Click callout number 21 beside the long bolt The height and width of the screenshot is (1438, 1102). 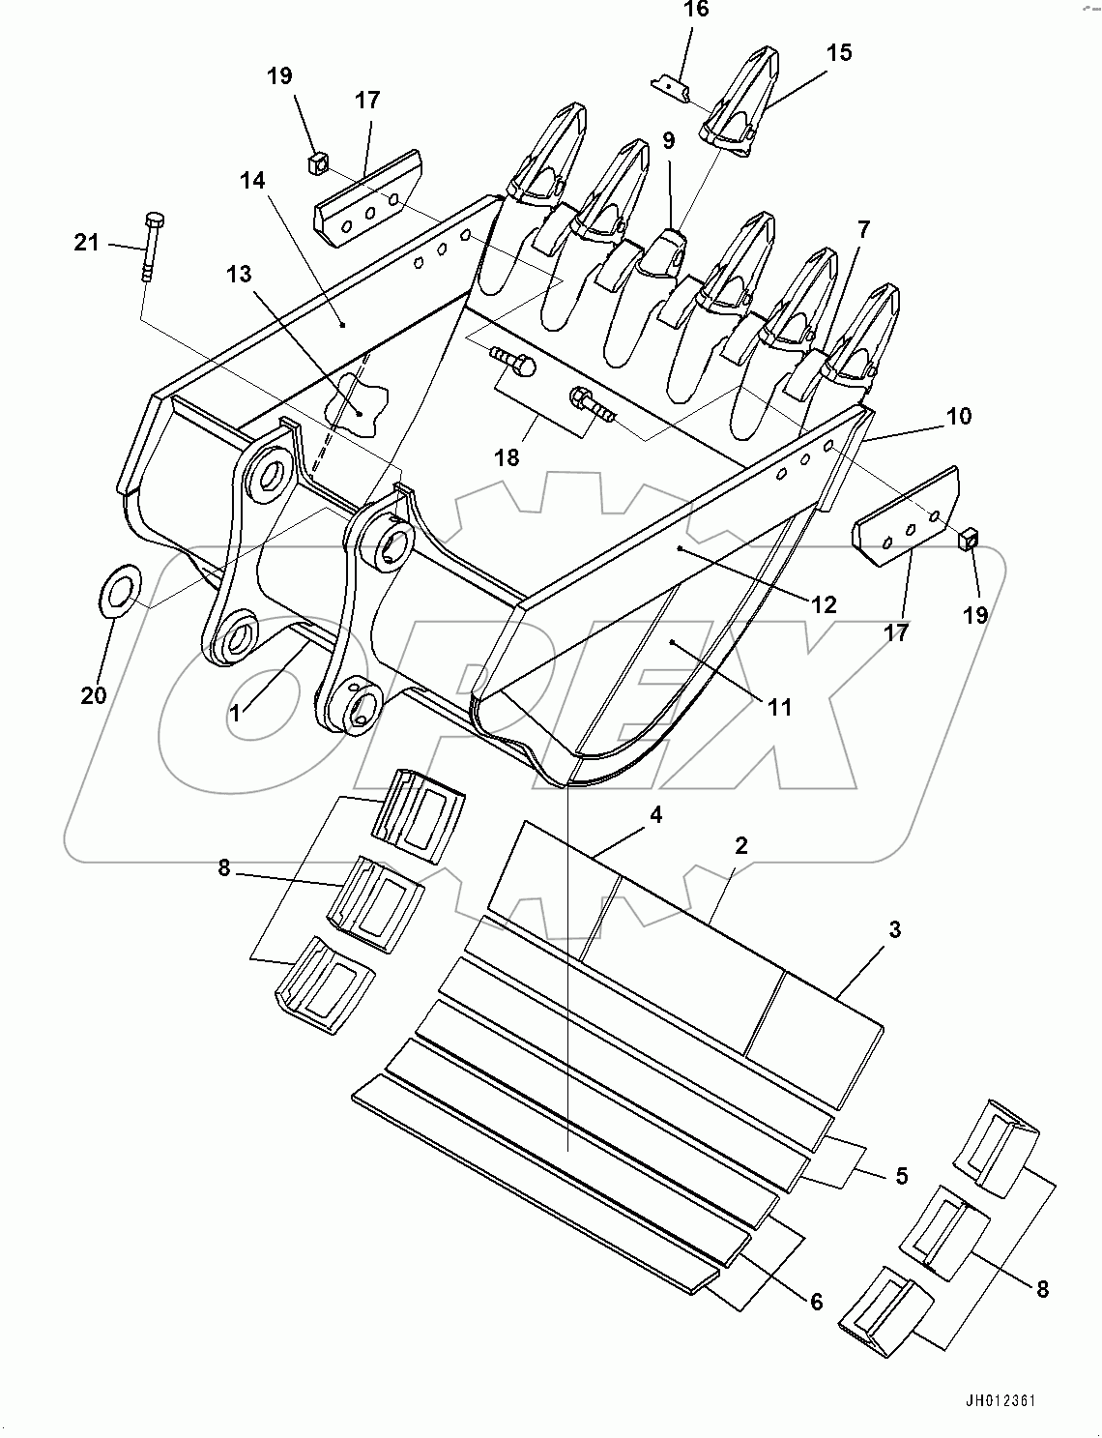[87, 243]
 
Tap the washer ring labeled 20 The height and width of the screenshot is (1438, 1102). [120, 588]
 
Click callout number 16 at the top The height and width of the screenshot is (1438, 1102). [696, 10]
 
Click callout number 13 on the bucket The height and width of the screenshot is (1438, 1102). [238, 275]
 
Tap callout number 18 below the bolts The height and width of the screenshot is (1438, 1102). [507, 457]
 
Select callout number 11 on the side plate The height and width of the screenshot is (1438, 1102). [779, 707]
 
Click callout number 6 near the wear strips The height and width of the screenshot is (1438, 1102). [816, 1302]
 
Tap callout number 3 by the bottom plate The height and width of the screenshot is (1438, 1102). [894, 929]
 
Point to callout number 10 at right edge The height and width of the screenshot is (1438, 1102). [958, 416]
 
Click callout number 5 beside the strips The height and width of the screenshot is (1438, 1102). [900, 1176]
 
